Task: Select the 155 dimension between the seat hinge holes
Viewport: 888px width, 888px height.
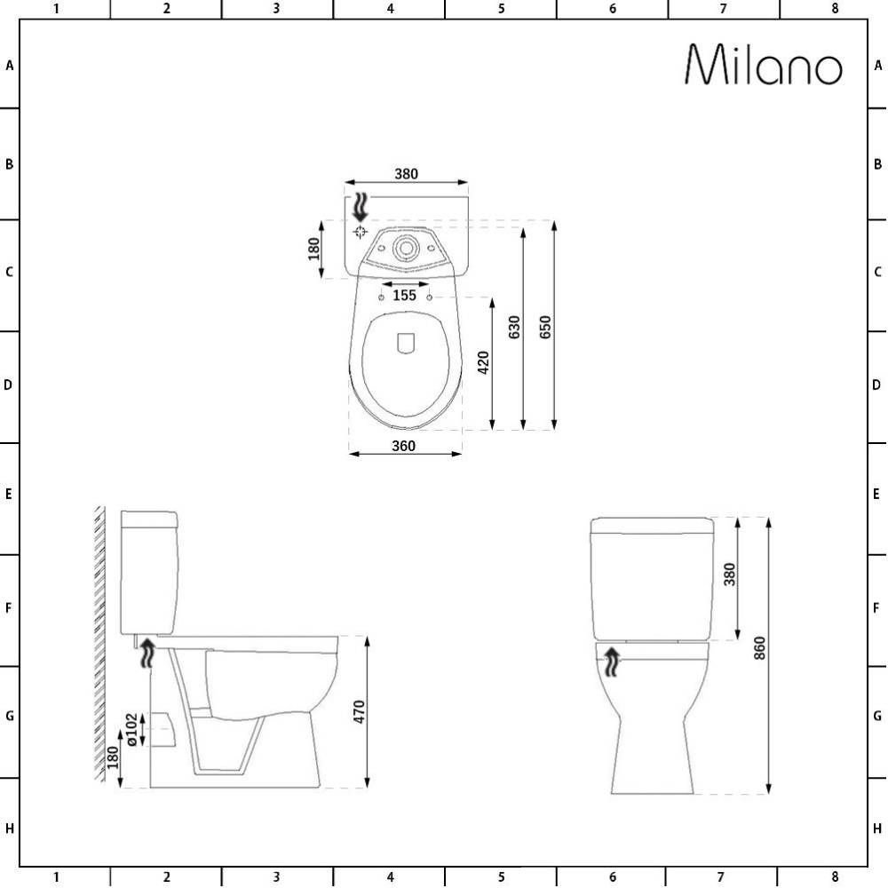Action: [x=405, y=295]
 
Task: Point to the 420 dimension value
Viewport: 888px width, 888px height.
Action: [x=483, y=362]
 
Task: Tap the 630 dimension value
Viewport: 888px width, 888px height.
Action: [x=514, y=329]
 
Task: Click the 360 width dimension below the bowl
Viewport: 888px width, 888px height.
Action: [x=404, y=446]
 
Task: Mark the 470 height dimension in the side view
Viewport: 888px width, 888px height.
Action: [x=359, y=711]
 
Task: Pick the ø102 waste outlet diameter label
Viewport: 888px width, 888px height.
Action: [x=131, y=730]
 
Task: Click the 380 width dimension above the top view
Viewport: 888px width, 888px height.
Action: [x=406, y=174]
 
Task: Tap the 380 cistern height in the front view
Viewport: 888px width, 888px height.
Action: [x=730, y=575]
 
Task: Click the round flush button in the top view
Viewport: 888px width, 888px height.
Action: [x=407, y=248]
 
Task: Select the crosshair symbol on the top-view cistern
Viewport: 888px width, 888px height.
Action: [x=360, y=232]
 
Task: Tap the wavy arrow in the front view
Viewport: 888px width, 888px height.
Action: [x=612, y=660]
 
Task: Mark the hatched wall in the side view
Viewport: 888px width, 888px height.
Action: [x=99, y=644]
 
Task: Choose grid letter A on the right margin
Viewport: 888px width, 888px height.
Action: [x=877, y=65]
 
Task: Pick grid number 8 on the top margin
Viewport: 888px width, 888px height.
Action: [x=835, y=9]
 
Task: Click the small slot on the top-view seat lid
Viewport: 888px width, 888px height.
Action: [x=407, y=344]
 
